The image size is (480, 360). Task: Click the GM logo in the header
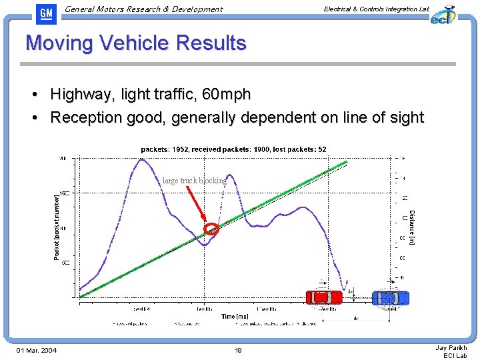pos(45,13)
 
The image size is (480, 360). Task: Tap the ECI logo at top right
pos(442,15)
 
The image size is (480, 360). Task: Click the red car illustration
pos(323,297)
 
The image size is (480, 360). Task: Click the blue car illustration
pos(390,297)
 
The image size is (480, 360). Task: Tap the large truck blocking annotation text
pos(194,181)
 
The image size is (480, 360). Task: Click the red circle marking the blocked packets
pos(211,229)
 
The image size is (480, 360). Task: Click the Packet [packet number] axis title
pos(57,227)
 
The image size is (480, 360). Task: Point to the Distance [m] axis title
pos(411,227)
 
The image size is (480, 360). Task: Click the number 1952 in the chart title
pos(181,149)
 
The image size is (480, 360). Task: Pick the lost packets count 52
pos(321,149)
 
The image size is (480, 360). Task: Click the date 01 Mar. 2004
pos(37,350)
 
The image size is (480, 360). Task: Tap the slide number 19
pos(238,350)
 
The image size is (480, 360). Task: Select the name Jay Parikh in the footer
pos(451,347)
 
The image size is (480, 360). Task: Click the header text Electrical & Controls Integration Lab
pos(376,9)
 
